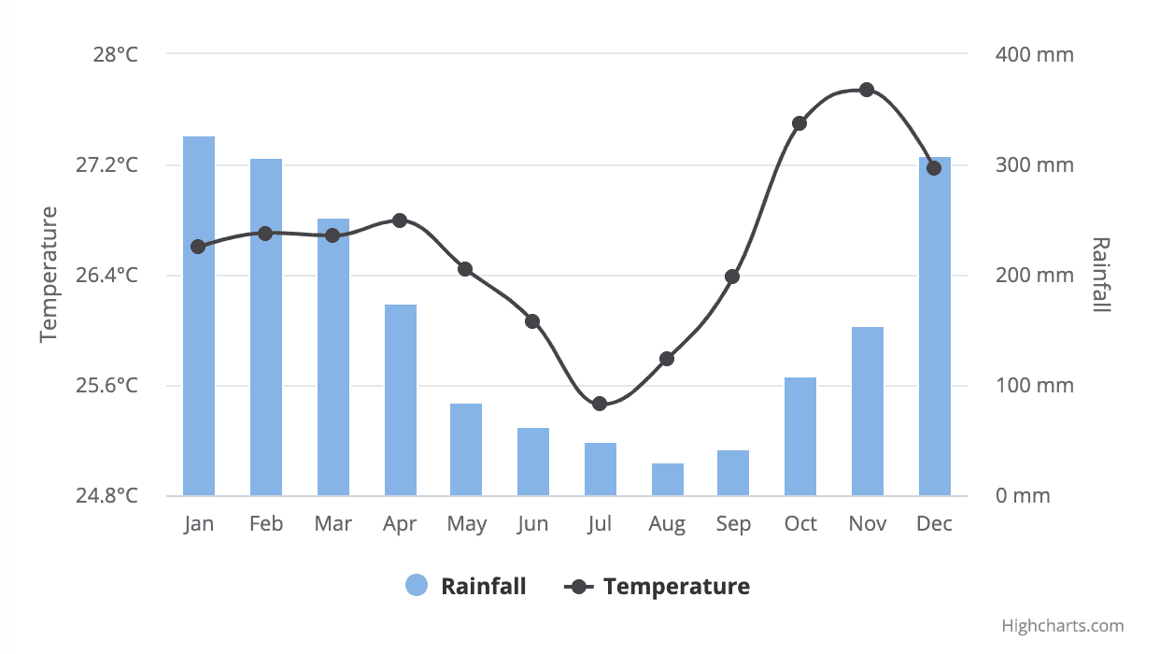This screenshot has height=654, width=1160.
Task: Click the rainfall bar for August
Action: tap(668, 479)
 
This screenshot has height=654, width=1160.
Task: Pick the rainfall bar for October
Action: tap(800, 436)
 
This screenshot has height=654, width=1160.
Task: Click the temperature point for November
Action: tap(867, 90)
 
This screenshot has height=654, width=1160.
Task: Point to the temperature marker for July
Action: tap(600, 404)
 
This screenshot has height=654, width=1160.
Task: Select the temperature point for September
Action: tap(732, 277)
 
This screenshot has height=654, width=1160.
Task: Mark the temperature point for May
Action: tap(465, 269)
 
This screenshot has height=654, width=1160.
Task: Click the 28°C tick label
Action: tap(115, 54)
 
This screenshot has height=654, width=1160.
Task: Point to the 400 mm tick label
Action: tap(1035, 54)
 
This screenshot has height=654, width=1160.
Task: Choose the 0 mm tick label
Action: tap(1023, 496)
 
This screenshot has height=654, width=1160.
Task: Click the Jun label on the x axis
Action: tap(532, 524)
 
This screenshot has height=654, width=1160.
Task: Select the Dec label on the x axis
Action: tap(934, 524)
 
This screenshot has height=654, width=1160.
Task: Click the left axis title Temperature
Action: tap(50, 275)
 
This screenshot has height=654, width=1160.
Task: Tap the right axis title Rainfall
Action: tap(1101, 275)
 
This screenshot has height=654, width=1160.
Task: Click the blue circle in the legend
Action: tap(417, 586)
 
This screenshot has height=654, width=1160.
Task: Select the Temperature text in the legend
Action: tap(676, 587)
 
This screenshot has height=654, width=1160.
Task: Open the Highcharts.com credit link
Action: tap(1063, 626)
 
